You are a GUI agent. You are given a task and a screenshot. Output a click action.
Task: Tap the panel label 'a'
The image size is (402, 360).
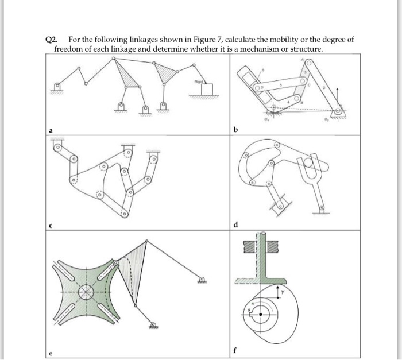51,130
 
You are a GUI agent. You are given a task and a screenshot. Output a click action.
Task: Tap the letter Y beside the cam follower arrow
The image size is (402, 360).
290,292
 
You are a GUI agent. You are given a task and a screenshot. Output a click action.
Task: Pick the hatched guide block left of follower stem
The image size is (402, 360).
249,247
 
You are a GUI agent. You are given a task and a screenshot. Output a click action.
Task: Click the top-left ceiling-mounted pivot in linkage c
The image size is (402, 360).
58,147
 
